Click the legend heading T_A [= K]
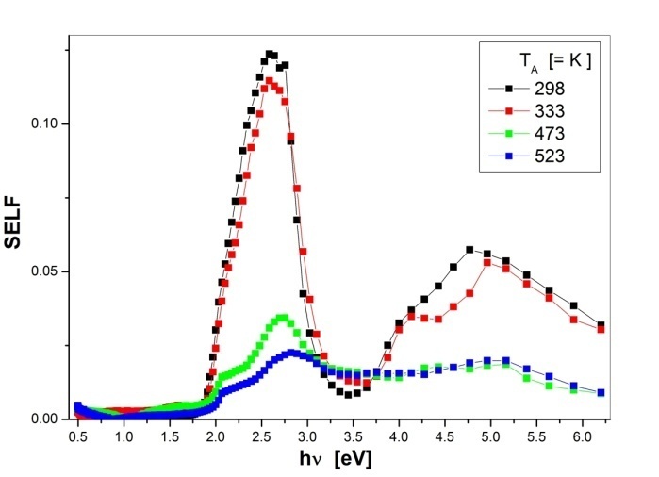[547, 63]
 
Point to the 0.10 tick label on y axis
[46, 124]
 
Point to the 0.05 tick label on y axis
[46, 271]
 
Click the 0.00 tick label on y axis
[46, 419]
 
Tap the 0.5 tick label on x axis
[78, 437]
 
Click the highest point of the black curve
[269, 54]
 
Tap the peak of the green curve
[282, 318]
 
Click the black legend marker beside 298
[507, 89]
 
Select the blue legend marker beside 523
[507, 156]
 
